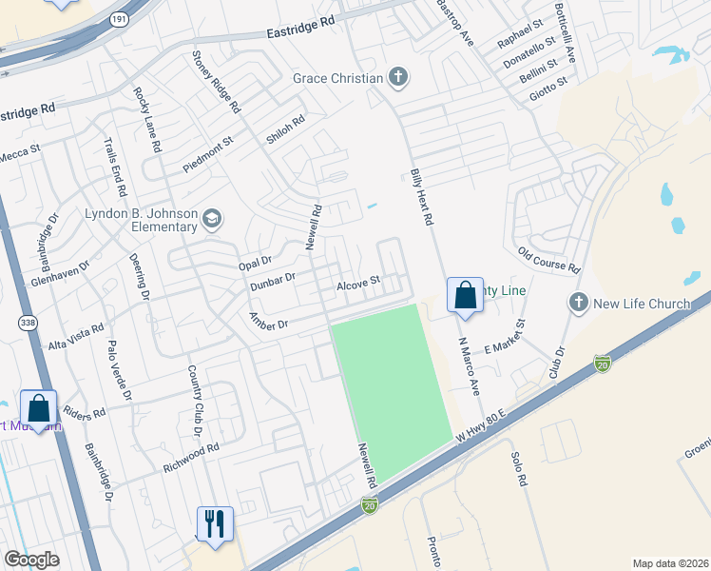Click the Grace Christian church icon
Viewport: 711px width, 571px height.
click(x=398, y=78)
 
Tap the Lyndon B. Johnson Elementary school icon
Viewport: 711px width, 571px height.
click(x=211, y=221)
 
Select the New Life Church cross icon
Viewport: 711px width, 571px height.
click(x=578, y=304)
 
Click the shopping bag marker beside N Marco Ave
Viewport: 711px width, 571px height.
click(x=465, y=296)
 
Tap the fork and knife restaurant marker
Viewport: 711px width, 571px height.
click(x=214, y=523)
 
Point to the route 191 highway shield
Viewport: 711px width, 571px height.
click(x=118, y=18)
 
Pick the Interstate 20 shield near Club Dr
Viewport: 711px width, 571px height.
click(x=601, y=364)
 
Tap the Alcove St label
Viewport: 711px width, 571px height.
click(x=358, y=282)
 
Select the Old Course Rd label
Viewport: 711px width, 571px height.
click(x=548, y=259)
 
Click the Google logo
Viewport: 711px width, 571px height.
click(x=32, y=559)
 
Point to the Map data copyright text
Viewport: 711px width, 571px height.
click(x=669, y=562)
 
